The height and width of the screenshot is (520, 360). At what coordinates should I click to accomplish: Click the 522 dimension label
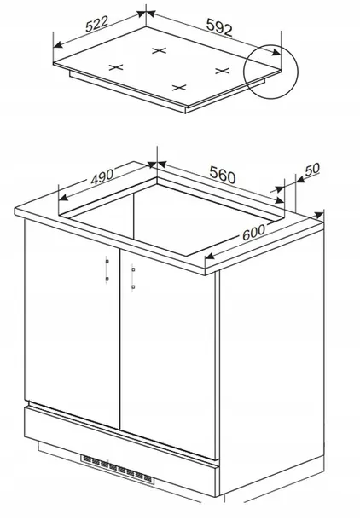[x=97, y=24]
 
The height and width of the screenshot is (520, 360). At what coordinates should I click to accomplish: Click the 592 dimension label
[x=219, y=27]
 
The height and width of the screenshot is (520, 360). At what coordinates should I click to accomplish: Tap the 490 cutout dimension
[x=102, y=176]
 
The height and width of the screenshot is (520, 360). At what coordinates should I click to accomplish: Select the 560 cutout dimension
[x=223, y=175]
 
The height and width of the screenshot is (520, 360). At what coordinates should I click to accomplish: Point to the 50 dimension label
[x=312, y=169]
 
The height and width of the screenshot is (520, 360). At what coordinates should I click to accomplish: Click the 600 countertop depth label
[x=254, y=233]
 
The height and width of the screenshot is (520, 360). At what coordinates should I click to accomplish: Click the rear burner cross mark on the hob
[x=159, y=51]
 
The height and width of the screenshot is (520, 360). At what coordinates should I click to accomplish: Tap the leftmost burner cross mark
[x=116, y=67]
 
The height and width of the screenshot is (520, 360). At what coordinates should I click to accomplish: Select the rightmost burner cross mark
[x=223, y=71]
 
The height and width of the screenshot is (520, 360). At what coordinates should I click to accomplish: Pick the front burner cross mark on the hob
[x=179, y=88]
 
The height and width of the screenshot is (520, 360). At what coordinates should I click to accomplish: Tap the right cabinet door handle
[x=133, y=278]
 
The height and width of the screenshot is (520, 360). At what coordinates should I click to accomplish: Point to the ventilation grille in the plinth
[x=118, y=469]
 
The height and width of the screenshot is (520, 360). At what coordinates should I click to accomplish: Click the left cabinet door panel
[x=72, y=324]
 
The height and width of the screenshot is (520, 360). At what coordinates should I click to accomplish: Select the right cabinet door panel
[x=168, y=354]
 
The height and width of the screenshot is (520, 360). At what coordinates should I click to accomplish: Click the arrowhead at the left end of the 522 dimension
[x=59, y=44]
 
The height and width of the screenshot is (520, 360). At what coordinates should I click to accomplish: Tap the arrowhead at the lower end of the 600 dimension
[x=211, y=256]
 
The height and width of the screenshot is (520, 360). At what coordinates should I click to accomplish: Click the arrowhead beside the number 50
[x=300, y=179]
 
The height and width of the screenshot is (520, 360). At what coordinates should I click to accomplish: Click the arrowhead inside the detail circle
[x=276, y=52]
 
